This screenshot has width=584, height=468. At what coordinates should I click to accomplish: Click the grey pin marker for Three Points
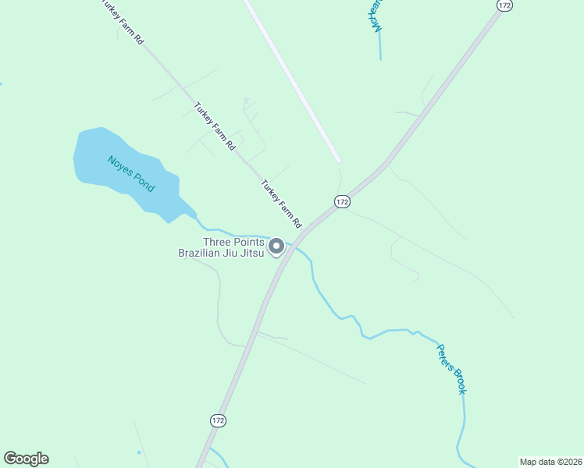pos(276,246)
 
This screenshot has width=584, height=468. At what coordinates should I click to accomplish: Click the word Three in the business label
pos(217,242)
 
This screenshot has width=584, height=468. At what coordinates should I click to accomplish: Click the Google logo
pos(26,459)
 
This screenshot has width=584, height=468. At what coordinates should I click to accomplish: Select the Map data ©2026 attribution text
pos(550,462)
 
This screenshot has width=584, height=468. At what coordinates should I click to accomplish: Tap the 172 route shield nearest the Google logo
pos(218,420)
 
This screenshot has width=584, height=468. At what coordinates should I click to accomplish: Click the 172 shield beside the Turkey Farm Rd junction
pos(341,201)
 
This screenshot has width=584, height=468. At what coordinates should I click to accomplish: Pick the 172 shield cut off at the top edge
pos(504,5)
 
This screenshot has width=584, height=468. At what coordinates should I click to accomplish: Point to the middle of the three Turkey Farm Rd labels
pos(214,126)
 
